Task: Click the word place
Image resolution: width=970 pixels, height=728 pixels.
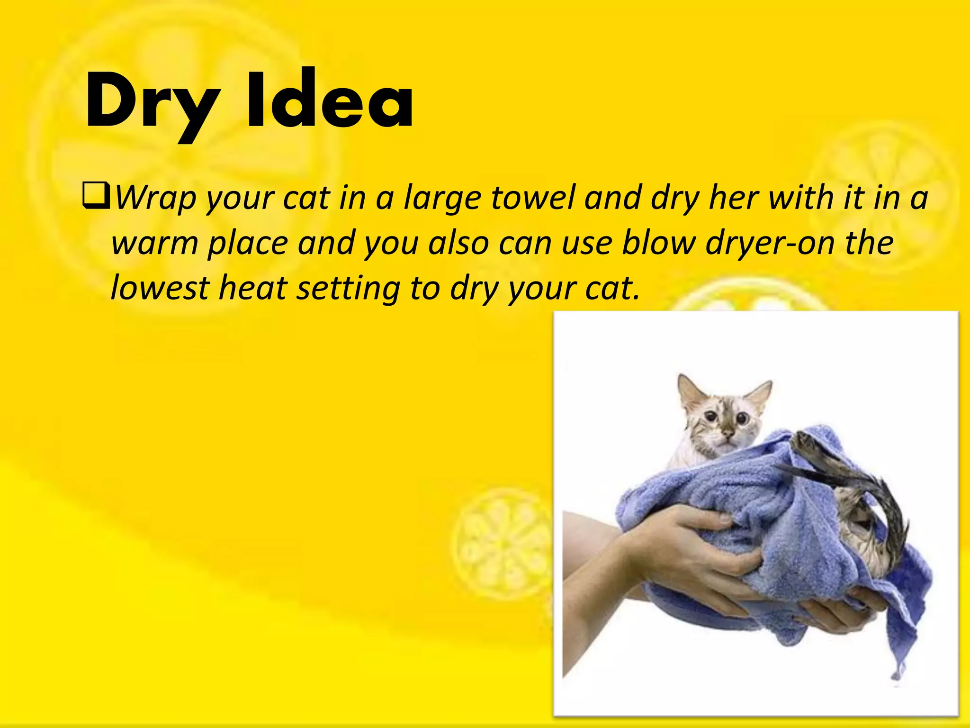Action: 248,244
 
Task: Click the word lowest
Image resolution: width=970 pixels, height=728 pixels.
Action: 159,288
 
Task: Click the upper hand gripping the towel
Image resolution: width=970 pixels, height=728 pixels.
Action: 687,526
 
